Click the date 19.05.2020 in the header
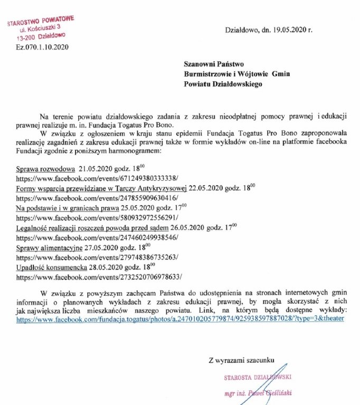tap(288, 30)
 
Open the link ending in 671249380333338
tap(97, 179)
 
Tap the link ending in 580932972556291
tap(97, 217)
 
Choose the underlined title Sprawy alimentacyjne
tap(49, 247)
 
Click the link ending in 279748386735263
tap(97, 257)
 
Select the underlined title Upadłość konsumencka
tap(51, 267)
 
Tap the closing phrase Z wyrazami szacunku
tap(241, 360)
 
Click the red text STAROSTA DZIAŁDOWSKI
tap(258, 378)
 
